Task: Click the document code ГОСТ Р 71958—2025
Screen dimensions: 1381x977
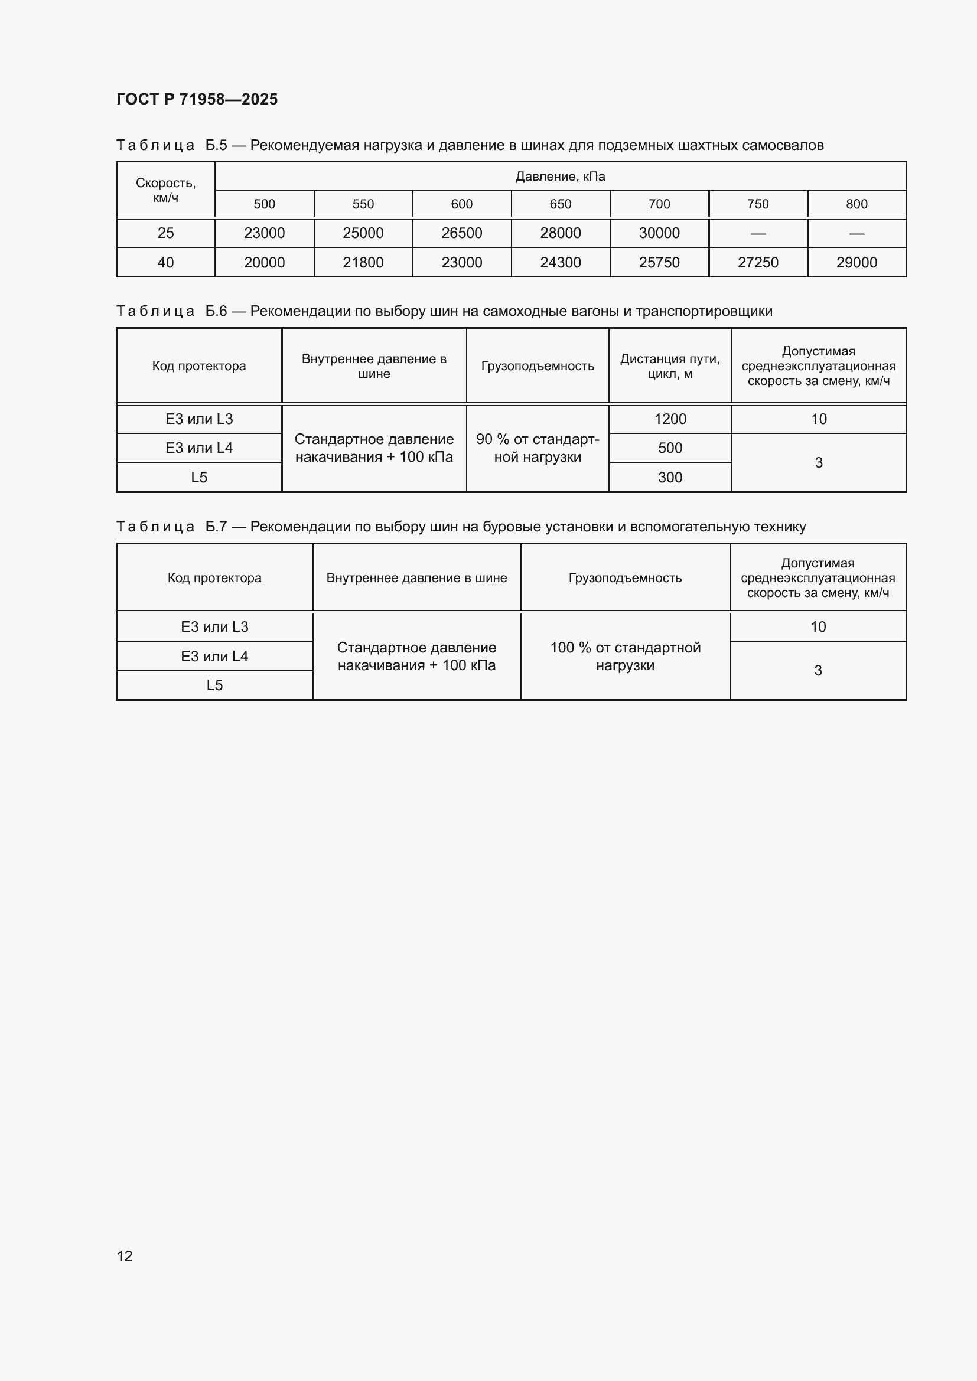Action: click(x=197, y=99)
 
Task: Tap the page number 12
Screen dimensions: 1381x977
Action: click(x=125, y=1255)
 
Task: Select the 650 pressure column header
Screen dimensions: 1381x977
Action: click(x=560, y=204)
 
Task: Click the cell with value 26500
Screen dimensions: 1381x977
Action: click(x=461, y=233)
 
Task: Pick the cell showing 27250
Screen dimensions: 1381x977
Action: click(x=757, y=262)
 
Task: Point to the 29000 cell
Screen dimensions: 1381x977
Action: click(x=856, y=262)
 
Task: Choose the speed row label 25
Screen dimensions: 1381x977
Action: click(x=165, y=233)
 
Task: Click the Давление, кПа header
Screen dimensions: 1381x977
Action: click(x=560, y=176)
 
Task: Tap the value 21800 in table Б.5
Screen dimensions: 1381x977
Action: click(x=363, y=262)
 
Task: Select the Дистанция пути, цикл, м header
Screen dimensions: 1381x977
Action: click(x=670, y=365)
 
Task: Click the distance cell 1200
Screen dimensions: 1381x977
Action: click(x=670, y=419)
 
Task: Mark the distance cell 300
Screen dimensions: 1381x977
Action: click(x=670, y=477)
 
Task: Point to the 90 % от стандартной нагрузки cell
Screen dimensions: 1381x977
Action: click(x=537, y=448)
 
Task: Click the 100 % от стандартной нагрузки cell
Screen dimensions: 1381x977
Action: click(x=625, y=655)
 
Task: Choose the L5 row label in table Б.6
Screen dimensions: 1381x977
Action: click(x=198, y=477)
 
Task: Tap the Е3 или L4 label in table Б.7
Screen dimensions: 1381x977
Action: click(x=214, y=655)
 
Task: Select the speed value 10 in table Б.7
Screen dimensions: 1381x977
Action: click(x=818, y=627)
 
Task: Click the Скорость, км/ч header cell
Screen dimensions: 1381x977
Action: click(x=165, y=190)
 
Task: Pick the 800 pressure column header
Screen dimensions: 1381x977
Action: click(x=856, y=204)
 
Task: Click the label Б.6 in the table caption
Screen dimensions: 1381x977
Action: click(x=216, y=311)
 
